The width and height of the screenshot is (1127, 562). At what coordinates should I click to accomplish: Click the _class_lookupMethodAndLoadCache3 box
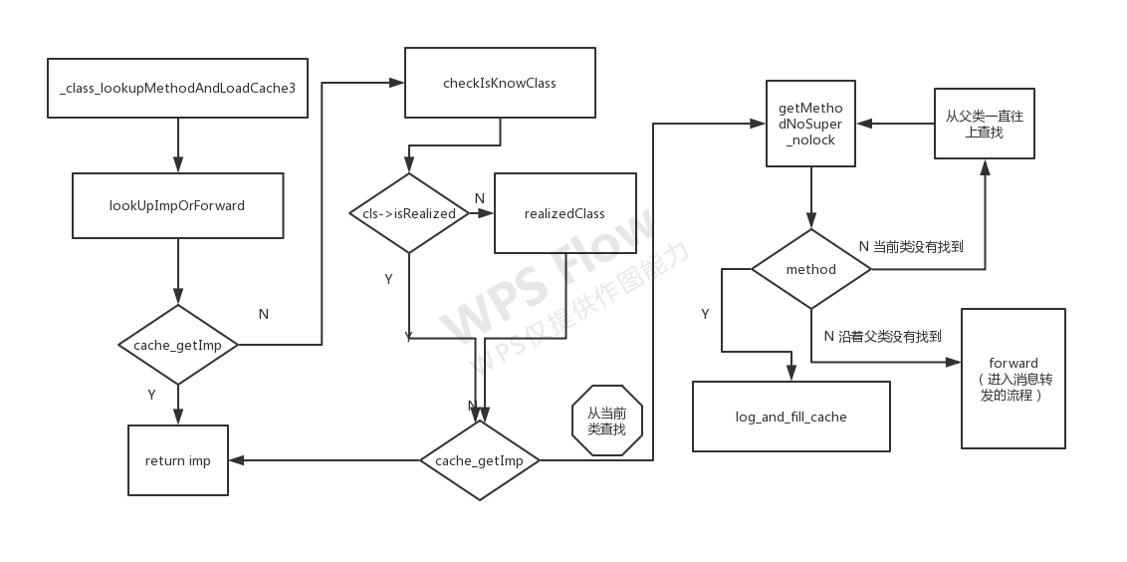click(x=177, y=88)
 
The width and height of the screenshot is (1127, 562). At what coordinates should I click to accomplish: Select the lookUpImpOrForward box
click(x=177, y=205)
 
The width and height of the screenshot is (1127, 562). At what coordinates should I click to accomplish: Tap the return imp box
click(x=178, y=460)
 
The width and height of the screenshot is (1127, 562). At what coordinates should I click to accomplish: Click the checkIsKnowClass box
click(x=500, y=83)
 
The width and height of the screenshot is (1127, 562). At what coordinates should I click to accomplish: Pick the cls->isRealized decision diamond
click(x=409, y=213)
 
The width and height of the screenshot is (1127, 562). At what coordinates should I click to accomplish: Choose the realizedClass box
click(x=564, y=213)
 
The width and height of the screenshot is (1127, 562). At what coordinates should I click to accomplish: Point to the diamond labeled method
click(x=811, y=269)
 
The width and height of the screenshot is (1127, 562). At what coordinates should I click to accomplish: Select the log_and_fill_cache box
click(x=791, y=417)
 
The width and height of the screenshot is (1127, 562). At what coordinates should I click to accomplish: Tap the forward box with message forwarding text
click(x=1014, y=379)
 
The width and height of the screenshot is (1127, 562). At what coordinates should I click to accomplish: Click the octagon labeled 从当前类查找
click(x=607, y=421)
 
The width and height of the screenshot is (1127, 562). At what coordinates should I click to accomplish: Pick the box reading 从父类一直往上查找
click(x=984, y=124)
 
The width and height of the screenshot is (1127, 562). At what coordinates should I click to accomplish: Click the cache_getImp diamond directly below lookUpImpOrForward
click(x=177, y=345)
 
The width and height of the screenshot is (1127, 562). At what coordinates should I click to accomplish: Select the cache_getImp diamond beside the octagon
click(x=479, y=460)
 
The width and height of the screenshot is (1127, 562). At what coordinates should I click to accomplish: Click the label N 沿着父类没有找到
click(x=882, y=337)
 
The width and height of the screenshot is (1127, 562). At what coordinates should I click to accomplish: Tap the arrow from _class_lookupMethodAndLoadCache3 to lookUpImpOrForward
click(x=177, y=144)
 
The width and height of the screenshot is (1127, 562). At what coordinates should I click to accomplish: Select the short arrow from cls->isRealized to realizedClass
click(x=481, y=213)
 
